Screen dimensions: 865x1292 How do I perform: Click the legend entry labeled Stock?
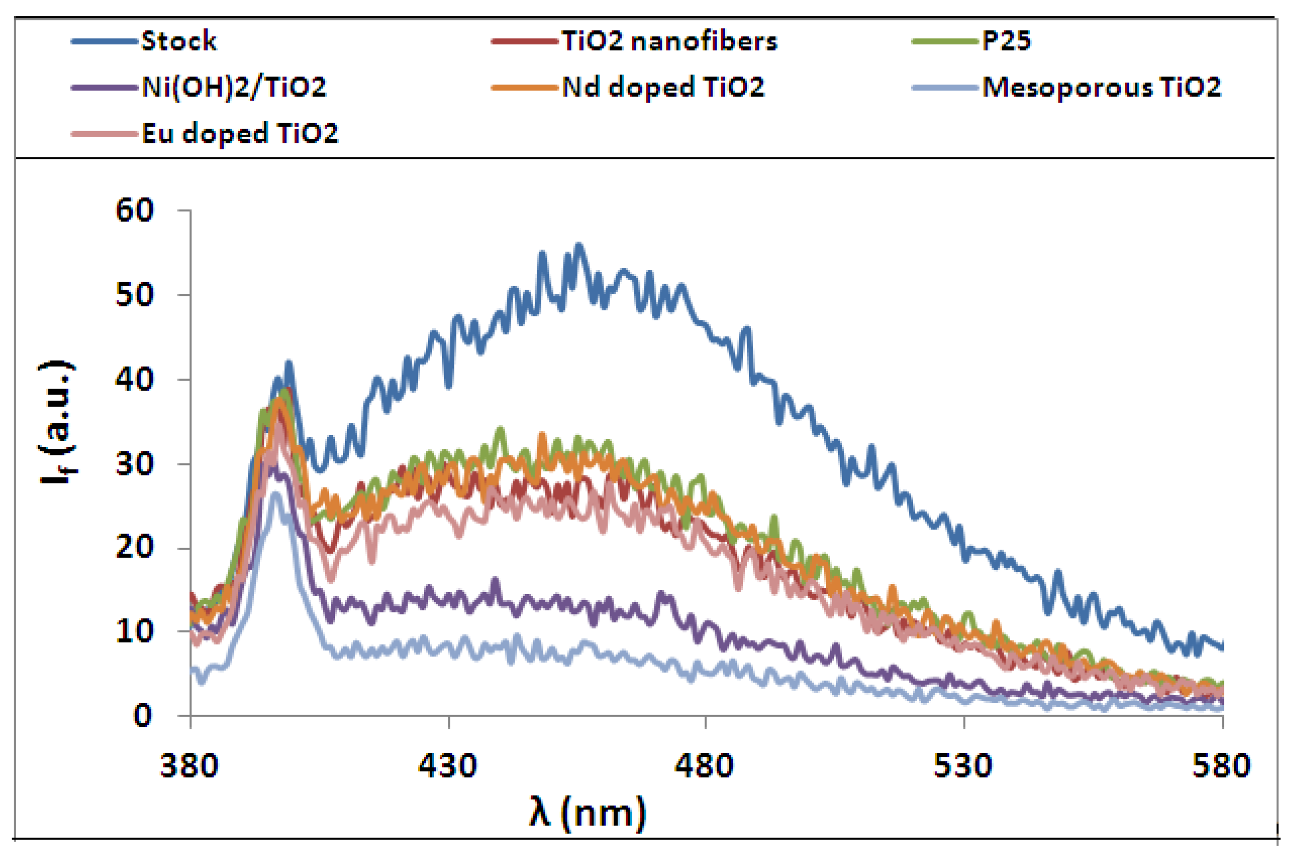tap(178, 41)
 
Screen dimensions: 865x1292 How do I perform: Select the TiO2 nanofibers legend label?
tap(669, 41)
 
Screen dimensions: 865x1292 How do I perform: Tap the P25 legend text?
tap(1006, 41)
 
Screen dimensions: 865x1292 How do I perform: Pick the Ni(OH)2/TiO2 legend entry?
tap(233, 87)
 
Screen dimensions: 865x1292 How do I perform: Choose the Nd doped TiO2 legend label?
tap(663, 87)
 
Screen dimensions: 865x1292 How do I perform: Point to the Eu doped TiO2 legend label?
tap(239, 134)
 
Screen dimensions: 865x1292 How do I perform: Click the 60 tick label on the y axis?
tap(134, 211)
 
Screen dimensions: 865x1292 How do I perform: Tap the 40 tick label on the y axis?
tap(134, 380)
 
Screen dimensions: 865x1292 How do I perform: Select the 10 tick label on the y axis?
tap(134, 631)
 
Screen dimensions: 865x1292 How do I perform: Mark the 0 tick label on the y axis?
tap(142, 716)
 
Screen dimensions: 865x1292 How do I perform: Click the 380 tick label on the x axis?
tap(189, 767)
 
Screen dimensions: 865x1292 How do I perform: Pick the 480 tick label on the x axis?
tap(704, 767)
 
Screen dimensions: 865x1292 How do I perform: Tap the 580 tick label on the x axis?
tap(1221, 767)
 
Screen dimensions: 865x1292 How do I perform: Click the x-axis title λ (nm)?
tap(587, 813)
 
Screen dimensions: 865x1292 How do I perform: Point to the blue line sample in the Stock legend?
tap(104, 41)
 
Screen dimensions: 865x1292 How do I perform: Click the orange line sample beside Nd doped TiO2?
tap(524, 87)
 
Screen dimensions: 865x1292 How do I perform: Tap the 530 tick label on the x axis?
tap(963, 767)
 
